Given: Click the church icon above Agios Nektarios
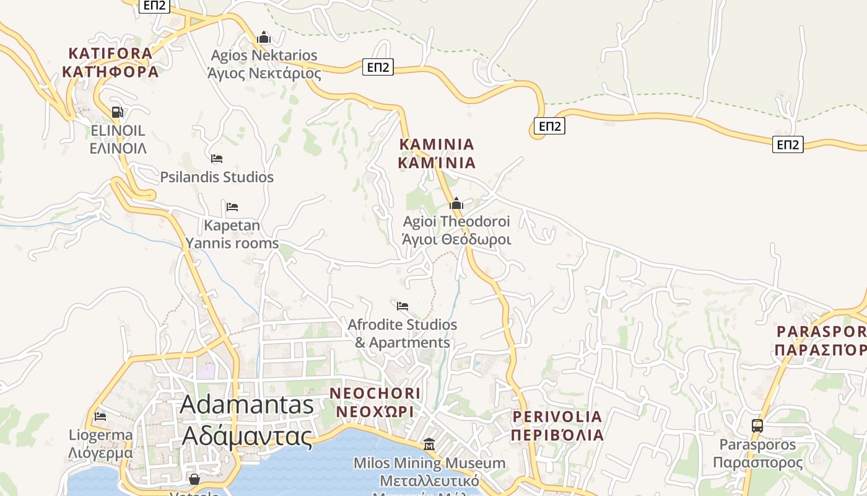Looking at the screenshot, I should point(264,37).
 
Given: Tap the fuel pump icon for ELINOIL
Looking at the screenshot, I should point(117,112).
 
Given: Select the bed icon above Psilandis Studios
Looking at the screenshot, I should point(216,159).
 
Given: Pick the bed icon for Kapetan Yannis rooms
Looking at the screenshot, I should point(232,206).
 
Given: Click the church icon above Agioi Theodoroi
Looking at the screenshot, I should point(456,203).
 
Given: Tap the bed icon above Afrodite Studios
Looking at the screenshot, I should point(403,306).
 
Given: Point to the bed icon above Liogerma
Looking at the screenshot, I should point(100,416).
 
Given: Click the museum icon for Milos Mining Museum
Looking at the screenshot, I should point(429,445).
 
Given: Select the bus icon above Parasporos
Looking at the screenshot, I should point(757,426).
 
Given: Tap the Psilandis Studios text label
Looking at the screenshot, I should point(217,177).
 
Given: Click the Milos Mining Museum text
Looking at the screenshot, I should point(429,463).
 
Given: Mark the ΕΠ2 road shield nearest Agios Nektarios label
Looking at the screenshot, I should point(378,67).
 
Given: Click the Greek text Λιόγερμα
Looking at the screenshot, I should point(100,453).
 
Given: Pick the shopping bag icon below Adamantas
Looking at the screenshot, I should point(194,479).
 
